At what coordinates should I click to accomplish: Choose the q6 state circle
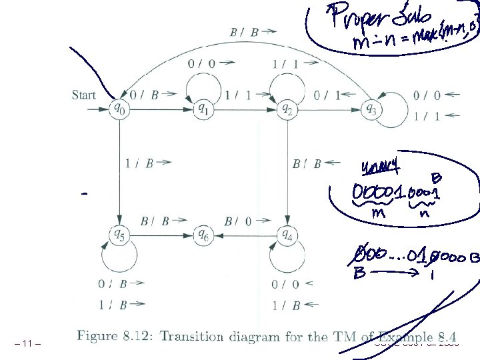pos(202,235)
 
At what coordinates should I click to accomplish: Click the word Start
pos(83,95)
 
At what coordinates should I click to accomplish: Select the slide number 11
pos(27,344)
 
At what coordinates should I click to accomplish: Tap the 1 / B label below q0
pos(137,162)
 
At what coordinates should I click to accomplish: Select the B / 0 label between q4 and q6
pos(238,221)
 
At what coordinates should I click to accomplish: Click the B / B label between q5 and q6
pos(154,221)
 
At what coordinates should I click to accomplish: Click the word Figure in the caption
pos(99,336)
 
